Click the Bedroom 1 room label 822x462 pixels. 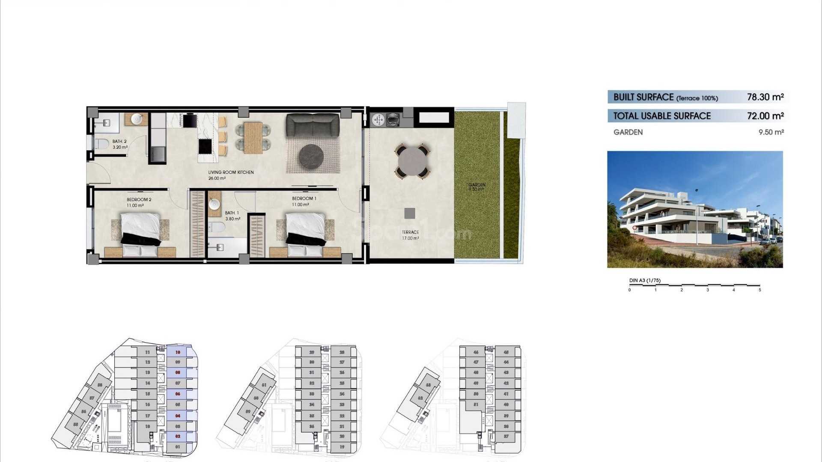click(x=304, y=198)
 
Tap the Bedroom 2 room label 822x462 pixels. click(x=139, y=200)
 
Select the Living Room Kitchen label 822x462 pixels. click(x=231, y=172)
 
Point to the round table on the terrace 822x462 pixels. click(x=413, y=161)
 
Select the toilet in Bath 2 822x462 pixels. click(x=101, y=144)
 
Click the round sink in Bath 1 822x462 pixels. click(x=214, y=204)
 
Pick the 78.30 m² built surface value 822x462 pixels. click(x=765, y=97)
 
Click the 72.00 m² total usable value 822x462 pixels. click(x=765, y=116)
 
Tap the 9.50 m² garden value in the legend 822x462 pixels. click(x=771, y=132)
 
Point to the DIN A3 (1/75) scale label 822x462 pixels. click(x=645, y=281)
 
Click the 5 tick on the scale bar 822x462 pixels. click(x=760, y=290)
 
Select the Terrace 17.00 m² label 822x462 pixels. click(x=410, y=235)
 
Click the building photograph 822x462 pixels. click(x=695, y=209)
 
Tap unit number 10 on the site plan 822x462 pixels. click(x=178, y=352)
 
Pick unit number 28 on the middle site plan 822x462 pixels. click(x=342, y=352)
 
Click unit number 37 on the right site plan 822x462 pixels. click(x=506, y=436)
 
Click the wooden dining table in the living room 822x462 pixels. click(x=253, y=137)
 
